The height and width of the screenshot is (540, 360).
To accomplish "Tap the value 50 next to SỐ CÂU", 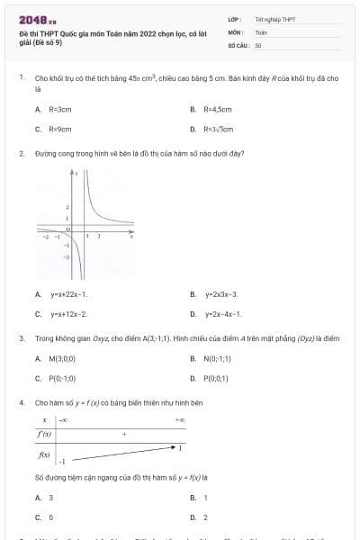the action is pos(258,44).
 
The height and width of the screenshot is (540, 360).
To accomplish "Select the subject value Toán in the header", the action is pos(261,31).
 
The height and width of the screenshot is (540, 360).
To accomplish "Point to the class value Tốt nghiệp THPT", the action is pos(269,18).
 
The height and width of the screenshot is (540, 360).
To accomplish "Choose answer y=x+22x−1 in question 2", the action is pos(68,294).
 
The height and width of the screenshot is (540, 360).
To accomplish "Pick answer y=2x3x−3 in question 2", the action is pos(220,294).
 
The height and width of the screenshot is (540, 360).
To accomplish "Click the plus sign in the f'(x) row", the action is pos(123,433).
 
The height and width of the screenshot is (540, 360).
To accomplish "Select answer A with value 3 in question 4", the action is pos(50,497).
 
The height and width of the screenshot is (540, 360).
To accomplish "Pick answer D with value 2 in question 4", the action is pos(206,517).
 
